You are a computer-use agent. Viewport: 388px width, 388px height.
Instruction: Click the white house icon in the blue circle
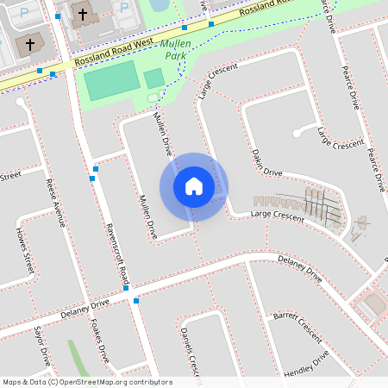click(194, 186)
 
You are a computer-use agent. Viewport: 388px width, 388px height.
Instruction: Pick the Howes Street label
click(24, 250)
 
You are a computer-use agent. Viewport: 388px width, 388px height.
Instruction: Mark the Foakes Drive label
click(98, 343)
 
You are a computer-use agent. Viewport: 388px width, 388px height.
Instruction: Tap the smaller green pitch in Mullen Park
click(153, 79)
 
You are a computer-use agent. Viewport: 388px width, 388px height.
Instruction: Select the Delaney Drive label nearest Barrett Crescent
click(300, 268)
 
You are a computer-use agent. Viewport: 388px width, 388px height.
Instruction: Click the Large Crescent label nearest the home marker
click(277, 216)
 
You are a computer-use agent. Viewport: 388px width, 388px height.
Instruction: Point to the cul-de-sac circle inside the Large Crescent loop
click(297, 132)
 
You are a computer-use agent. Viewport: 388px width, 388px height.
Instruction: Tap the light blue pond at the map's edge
click(160, 5)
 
